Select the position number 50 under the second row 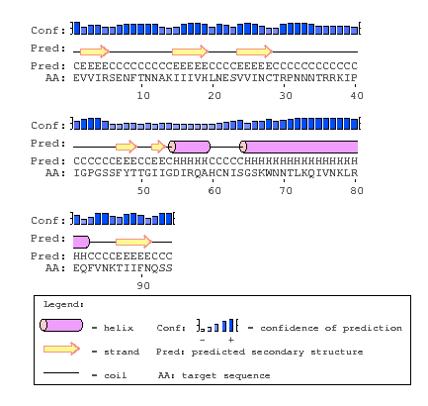142,189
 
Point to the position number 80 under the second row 357,189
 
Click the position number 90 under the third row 142,284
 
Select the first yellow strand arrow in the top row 93,51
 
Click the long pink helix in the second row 297,146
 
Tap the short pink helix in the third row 80,241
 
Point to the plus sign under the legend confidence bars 229,339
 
